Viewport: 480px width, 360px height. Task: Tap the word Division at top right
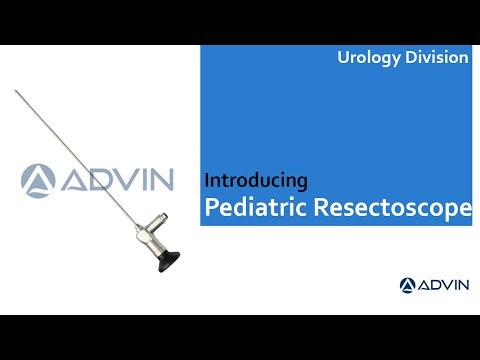coord(435,58)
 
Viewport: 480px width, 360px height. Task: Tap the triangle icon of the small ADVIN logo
coord(408,285)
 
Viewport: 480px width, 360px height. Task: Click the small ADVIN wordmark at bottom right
coord(445,285)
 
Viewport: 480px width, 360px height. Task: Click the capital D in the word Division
coord(410,58)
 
